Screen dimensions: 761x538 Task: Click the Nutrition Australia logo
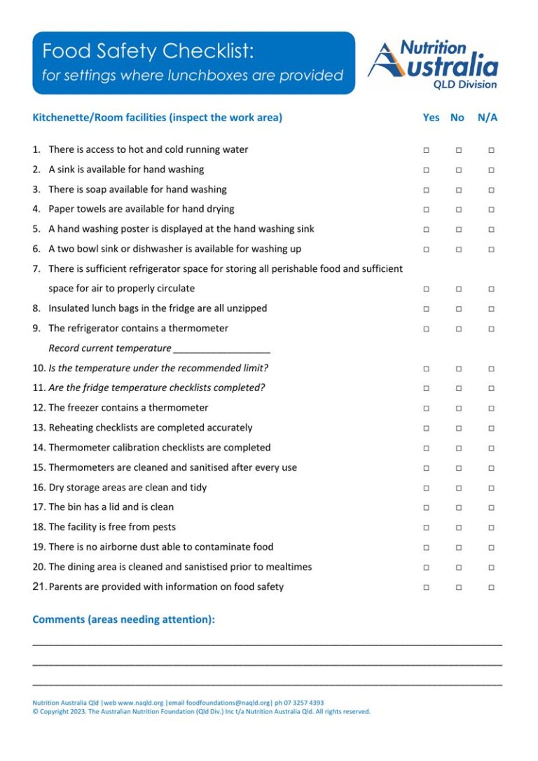coord(432,64)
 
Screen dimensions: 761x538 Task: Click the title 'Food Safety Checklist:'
coord(148,51)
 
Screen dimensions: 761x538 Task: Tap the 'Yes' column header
coord(431,118)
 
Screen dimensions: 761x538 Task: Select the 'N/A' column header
coord(488,118)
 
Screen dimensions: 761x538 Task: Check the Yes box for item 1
coord(426,150)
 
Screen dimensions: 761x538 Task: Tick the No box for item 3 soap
coord(459,190)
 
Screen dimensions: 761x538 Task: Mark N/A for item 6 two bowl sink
coord(491,249)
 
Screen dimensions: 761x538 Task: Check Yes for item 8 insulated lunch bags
coord(426,309)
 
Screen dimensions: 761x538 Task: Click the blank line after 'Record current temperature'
coord(221,349)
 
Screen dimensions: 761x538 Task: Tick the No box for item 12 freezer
coord(459,409)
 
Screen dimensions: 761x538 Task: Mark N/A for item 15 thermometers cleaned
coord(491,468)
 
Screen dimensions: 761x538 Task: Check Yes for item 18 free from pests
coord(426,528)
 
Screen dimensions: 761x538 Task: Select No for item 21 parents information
coord(459,587)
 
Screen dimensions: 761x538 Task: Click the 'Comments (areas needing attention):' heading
coord(123,619)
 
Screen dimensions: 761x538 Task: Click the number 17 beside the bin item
coord(39,507)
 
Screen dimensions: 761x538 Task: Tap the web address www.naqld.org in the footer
coord(141,703)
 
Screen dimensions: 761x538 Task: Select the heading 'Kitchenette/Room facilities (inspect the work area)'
coord(157,118)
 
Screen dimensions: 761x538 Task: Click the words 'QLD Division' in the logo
coord(465,85)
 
